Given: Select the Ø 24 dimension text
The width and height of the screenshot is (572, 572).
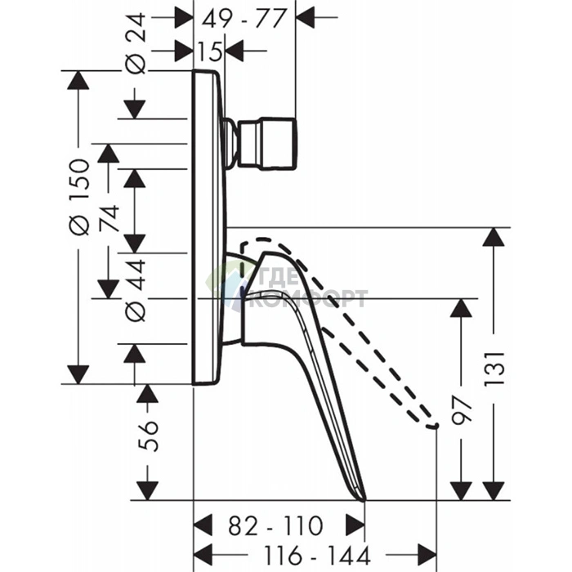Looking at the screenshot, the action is (136, 44).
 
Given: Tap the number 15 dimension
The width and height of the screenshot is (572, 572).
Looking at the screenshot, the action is (209, 51).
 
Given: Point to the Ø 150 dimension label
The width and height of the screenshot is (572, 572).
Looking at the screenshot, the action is (79, 197).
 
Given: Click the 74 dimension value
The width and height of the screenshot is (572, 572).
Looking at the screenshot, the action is (109, 218).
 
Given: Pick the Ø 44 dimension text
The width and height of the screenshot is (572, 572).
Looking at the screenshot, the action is (136, 290).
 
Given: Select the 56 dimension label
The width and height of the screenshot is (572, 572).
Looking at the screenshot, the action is (148, 436).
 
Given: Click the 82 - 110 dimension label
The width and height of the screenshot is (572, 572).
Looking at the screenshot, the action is (276, 525).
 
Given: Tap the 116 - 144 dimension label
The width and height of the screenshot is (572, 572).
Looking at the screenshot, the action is (317, 555).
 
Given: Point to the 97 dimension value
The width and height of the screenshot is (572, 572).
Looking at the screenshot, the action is (462, 411).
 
